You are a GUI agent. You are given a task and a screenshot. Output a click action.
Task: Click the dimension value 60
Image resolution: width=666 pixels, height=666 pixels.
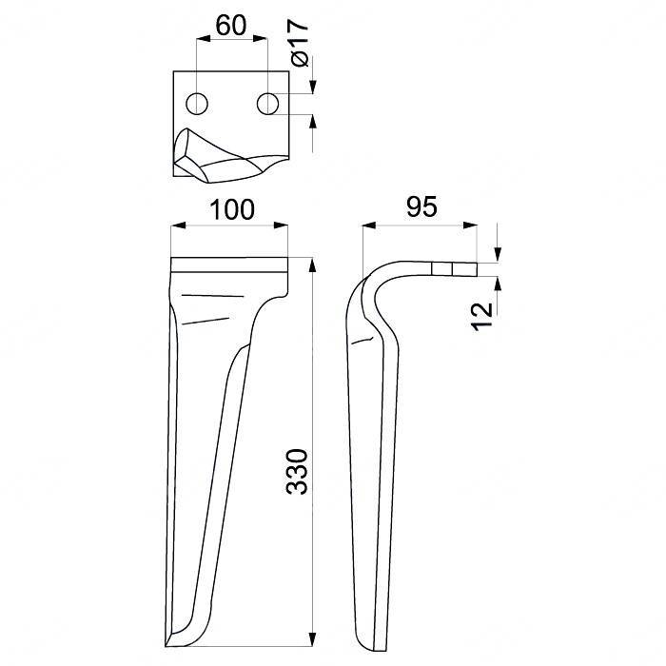(x=230, y=26)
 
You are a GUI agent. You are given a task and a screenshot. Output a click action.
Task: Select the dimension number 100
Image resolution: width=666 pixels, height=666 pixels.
(x=232, y=209)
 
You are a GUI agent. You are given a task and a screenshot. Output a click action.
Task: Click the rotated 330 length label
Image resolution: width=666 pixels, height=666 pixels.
(x=298, y=470)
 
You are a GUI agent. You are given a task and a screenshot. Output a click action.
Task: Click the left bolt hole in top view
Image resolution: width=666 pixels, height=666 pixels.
(x=197, y=103)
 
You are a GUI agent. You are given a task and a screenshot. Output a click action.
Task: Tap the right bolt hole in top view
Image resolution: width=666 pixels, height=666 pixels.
(x=267, y=103)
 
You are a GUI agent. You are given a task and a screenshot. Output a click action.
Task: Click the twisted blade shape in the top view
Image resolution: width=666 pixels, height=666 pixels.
(x=219, y=157)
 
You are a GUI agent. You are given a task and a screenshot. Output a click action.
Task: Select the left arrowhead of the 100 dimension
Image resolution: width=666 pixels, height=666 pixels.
(x=176, y=226)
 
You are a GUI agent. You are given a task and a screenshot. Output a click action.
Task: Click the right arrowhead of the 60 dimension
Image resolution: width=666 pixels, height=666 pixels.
(x=262, y=40)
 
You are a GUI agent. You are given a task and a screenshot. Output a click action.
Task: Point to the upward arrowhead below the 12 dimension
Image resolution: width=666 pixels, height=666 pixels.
(x=497, y=283)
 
